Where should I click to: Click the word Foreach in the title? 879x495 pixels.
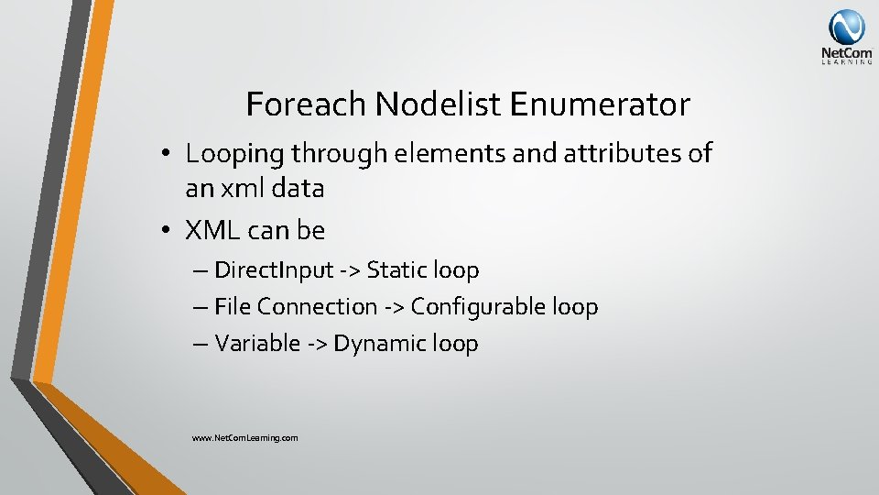(x=306, y=104)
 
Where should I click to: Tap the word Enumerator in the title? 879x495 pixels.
(x=601, y=104)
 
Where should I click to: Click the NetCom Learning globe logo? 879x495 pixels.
(x=846, y=28)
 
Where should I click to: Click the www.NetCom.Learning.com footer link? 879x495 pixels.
(x=244, y=438)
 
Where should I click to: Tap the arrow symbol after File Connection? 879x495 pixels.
(x=394, y=307)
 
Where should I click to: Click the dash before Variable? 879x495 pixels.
(x=201, y=344)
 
